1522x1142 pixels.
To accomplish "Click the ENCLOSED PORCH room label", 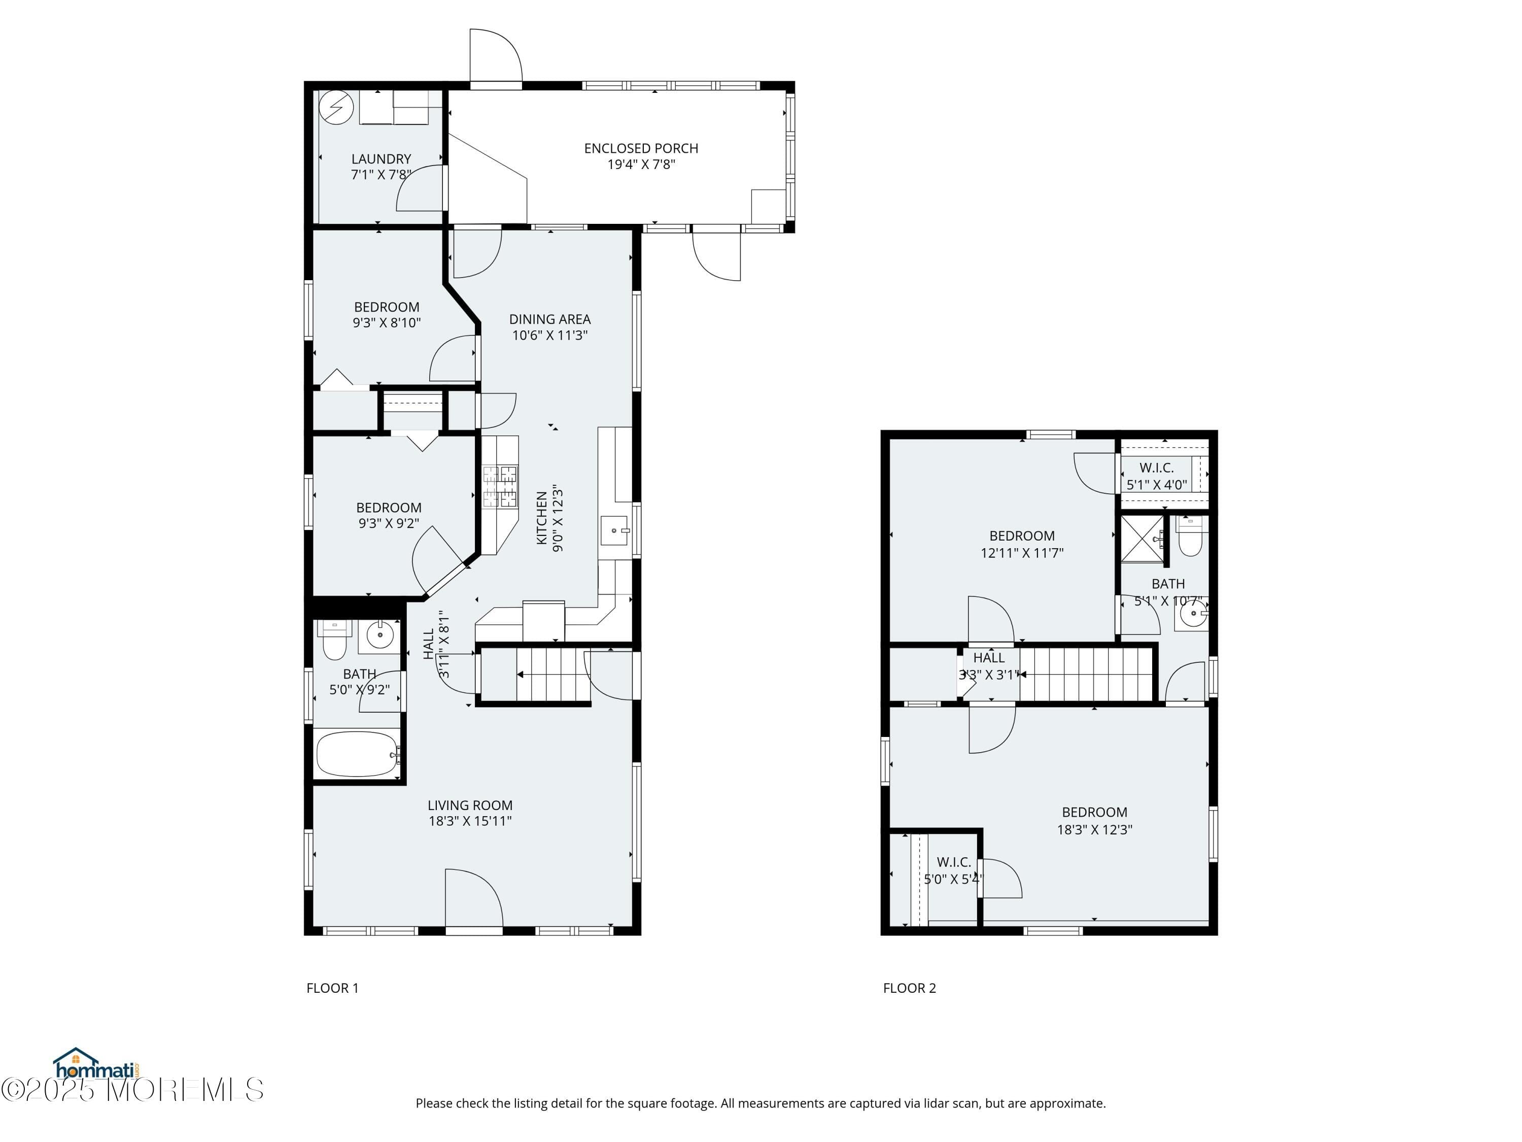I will tap(641, 149).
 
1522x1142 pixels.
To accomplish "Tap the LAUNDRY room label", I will tap(380, 159).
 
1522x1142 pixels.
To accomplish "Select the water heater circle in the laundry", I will tap(336, 108).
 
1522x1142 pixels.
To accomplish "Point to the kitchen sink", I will tap(614, 531).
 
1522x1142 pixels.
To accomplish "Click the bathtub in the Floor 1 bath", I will tap(357, 754).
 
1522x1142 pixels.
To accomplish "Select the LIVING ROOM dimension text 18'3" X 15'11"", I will tap(470, 821).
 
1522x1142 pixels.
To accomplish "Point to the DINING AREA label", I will tap(550, 319).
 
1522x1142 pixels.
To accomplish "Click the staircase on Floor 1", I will tap(550, 675).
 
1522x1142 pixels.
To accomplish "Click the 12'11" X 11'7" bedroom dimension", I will tap(1022, 552).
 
